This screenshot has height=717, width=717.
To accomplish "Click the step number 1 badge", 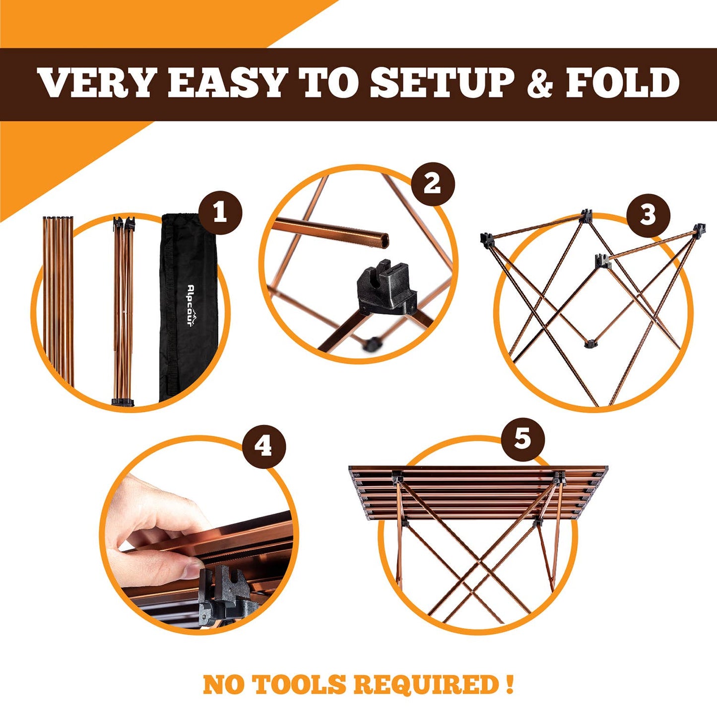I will click(x=220, y=214).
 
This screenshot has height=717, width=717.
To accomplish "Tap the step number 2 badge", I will click(x=433, y=184).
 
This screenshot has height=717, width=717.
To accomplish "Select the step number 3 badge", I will click(x=648, y=216).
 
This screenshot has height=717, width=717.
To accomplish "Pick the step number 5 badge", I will click(x=522, y=439).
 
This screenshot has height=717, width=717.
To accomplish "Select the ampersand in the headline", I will click(x=539, y=83).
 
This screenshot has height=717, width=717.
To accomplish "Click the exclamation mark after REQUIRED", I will click(x=510, y=684).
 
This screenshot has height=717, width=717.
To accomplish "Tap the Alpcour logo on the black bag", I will click(x=191, y=304).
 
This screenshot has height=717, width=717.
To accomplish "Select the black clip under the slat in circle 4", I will click(x=218, y=593).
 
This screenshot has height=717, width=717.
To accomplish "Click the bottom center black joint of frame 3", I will click(x=590, y=344).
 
